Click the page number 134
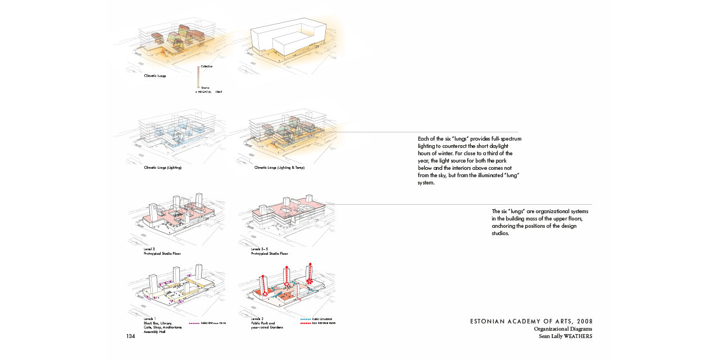click(130, 336)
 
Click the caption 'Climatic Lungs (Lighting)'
click(163, 168)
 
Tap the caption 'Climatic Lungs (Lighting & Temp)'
click(279, 168)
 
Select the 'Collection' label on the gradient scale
click(207, 66)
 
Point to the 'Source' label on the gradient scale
click(205, 88)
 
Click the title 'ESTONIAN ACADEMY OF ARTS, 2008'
click(531, 321)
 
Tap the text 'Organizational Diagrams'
click(563, 329)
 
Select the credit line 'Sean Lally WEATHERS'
click(565, 336)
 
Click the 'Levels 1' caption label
click(150, 319)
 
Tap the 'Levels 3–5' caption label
click(260, 249)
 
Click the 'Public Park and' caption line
click(263, 323)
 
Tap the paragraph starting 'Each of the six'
click(469, 160)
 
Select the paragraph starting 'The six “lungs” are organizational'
click(540, 222)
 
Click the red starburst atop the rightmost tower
click(310, 280)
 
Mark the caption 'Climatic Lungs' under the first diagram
click(155, 75)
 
